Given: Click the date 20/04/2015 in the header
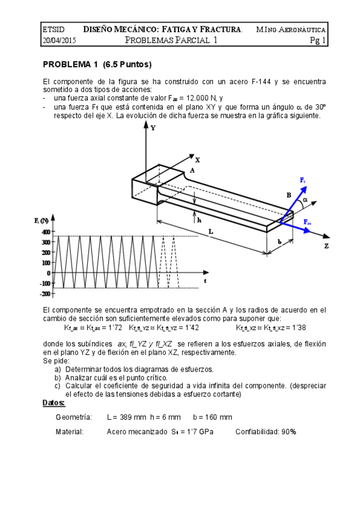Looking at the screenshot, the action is [58, 41].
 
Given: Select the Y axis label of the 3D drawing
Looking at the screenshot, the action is [153, 127].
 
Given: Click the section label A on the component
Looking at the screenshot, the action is [192, 171].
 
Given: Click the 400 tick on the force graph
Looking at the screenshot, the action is [46, 232].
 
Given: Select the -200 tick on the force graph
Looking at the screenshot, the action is [44, 293].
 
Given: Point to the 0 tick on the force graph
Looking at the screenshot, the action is [48, 272].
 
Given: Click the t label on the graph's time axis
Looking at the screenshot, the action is [205, 280].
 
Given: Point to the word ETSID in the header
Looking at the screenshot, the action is [54, 29].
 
